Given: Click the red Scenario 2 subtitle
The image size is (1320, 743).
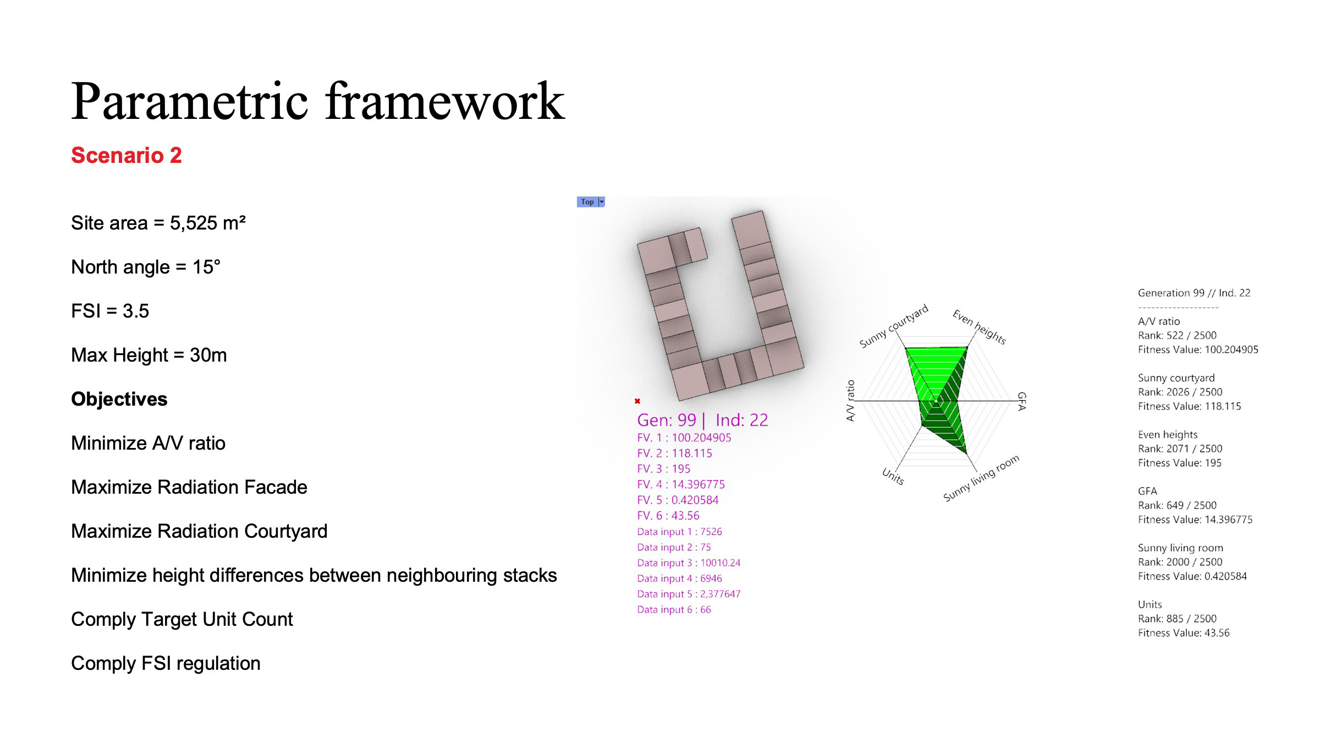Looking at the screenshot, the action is pyautogui.click(x=127, y=156).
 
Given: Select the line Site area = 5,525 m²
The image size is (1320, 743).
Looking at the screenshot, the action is pyautogui.click(x=158, y=223).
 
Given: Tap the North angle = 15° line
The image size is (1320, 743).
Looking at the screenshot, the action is pyautogui.click(x=146, y=267).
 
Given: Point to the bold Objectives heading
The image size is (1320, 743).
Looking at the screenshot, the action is pyautogui.click(x=119, y=399).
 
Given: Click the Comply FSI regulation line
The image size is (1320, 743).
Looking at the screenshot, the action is pyautogui.click(x=166, y=663).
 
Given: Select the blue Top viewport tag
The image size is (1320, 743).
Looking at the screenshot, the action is pyautogui.click(x=591, y=202).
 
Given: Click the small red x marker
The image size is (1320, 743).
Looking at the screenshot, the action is pyautogui.click(x=637, y=401).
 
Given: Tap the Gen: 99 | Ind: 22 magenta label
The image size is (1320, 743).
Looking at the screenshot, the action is pyautogui.click(x=702, y=420).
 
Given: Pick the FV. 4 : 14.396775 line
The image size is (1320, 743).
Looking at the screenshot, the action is pyautogui.click(x=681, y=484).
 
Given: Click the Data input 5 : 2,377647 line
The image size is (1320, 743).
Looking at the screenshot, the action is pyautogui.click(x=689, y=594).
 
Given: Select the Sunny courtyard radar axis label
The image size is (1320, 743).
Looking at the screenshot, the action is pyautogui.click(x=894, y=326).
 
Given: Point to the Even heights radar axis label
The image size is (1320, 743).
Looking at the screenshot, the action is pyautogui.click(x=980, y=327).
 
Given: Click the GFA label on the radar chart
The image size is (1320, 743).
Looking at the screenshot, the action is pyautogui.click(x=1021, y=401).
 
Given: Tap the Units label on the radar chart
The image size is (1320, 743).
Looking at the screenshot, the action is pyautogui.click(x=893, y=476).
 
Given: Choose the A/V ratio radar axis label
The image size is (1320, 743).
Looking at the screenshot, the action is pyautogui.click(x=850, y=401).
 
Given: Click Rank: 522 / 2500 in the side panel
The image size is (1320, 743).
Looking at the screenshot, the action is pyautogui.click(x=1177, y=335).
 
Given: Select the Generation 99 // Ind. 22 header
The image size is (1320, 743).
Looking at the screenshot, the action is pyautogui.click(x=1194, y=293).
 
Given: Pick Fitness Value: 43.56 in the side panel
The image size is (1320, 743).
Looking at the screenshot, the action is pyautogui.click(x=1184, y=633).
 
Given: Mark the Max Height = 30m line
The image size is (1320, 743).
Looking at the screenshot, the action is pyautogui.click(x=149, y=355).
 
